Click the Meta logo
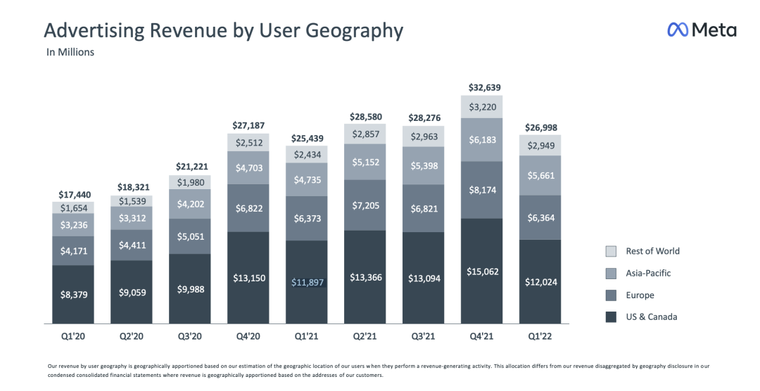702,30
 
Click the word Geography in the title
356,30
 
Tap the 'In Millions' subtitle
70,52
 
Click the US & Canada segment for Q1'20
73,294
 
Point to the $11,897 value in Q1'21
307,282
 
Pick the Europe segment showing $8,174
482,190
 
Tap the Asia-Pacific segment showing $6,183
482,140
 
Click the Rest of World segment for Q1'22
540,146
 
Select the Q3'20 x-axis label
190,337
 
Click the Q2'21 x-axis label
365,337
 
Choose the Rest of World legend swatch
611,251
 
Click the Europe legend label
640,295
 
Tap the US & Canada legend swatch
611,317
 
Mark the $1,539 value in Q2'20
132,201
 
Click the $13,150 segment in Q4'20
248,278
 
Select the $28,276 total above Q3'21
424,117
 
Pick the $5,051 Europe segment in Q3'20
190,236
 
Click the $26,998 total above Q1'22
540,127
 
